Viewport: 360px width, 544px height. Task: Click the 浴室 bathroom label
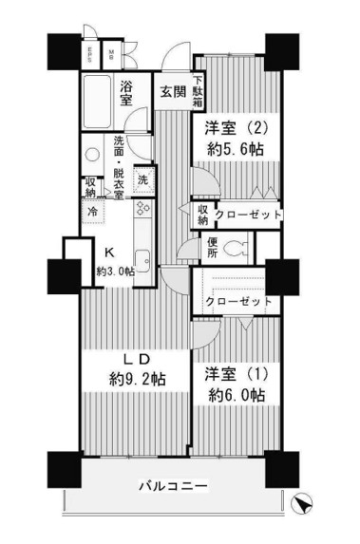coord(130,93)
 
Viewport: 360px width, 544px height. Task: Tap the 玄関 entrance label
coord(171,92)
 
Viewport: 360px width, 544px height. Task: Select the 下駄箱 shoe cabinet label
coord(199,93)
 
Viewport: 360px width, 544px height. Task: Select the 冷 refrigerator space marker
coord(93,213)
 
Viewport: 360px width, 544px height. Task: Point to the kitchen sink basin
coord(142,259)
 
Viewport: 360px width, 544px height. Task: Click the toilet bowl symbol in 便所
coord(237,251)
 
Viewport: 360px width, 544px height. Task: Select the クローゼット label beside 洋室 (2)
coord(247,216)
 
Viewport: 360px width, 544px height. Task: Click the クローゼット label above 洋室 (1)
coord(237,302)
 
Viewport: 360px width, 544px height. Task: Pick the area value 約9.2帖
coord(136,379)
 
